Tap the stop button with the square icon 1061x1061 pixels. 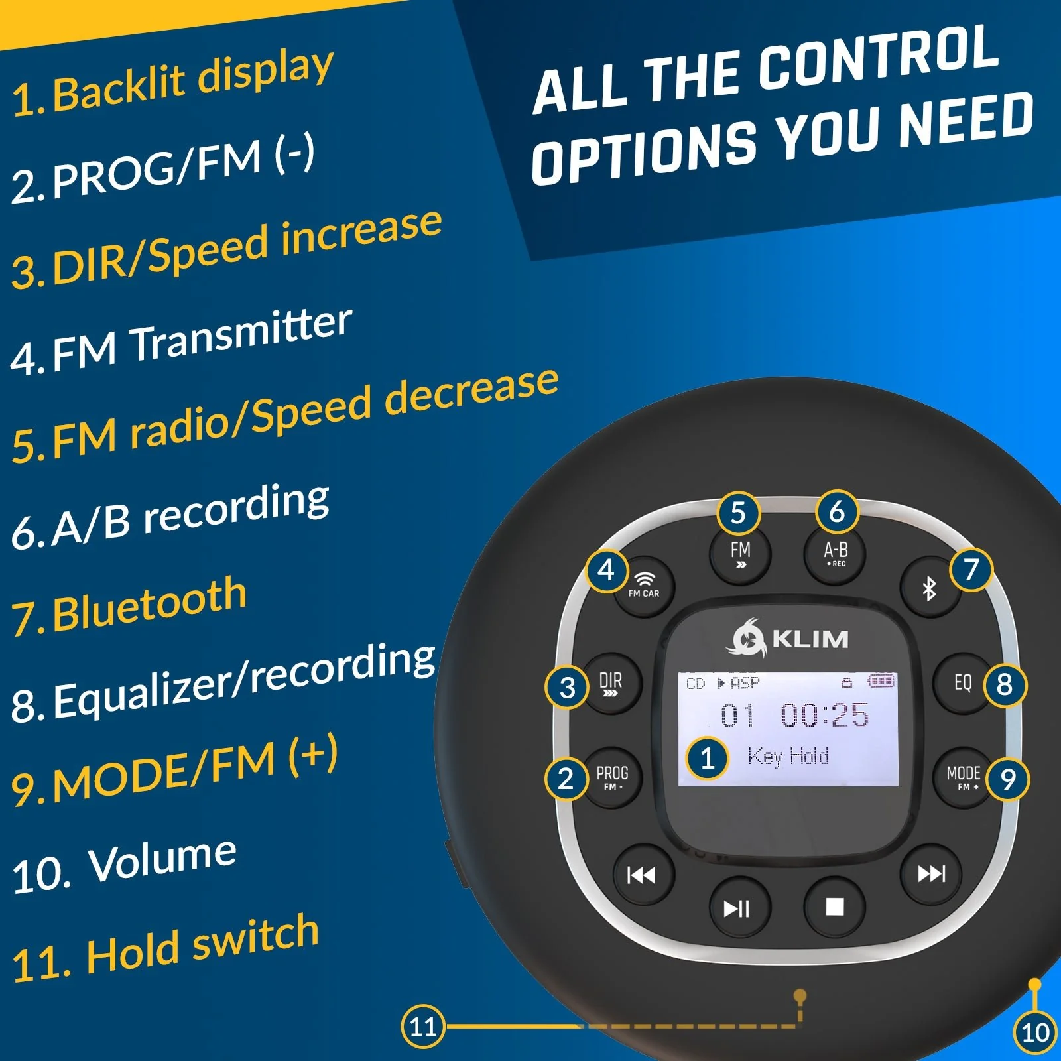tap(834, 906)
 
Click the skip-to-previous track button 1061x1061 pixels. tap(642, 875)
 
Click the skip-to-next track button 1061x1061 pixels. tap(931, 874)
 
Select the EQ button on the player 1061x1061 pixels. tap(963, 683)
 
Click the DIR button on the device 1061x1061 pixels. tap(611, 684)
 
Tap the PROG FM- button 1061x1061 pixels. tap(612, 777)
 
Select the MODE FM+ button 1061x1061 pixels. tap(964, 777)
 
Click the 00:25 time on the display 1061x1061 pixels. tap(824, 715)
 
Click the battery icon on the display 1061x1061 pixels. tap(881, 681)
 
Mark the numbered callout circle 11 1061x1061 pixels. tap(423, 1026)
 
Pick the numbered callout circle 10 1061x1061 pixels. tap(1035, 1032)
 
